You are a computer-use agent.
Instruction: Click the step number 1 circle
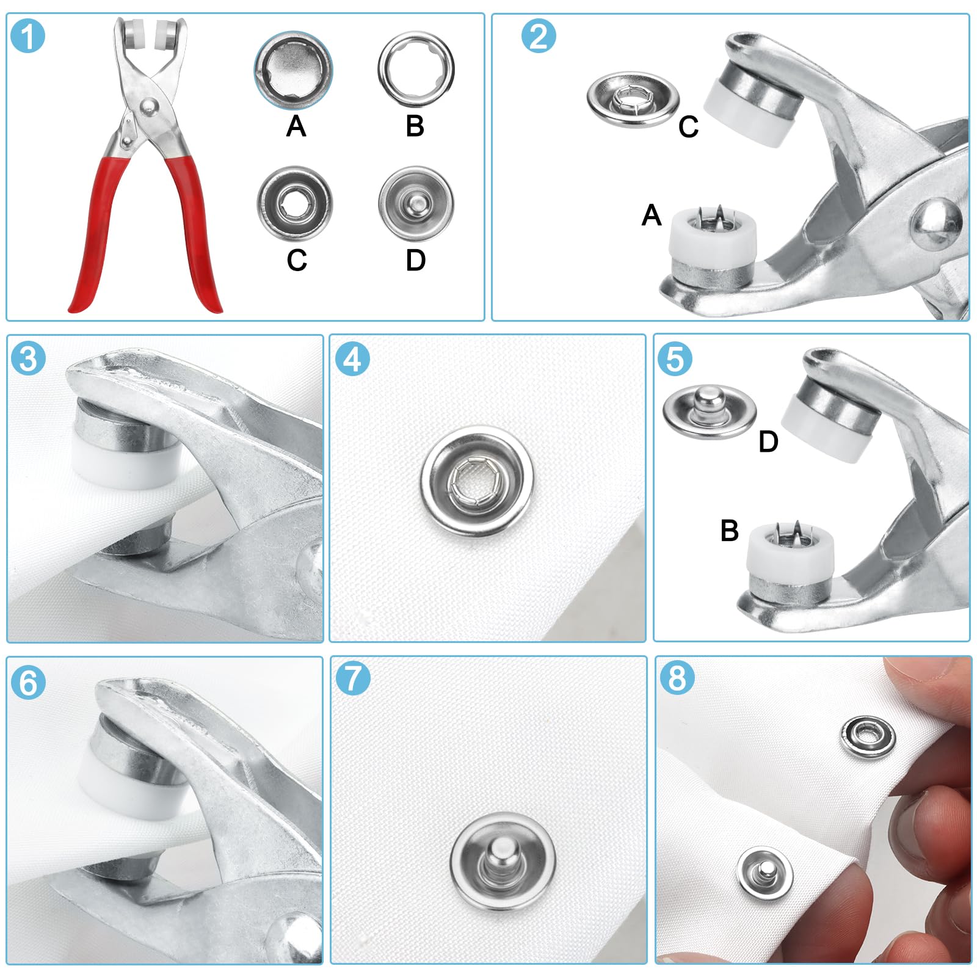coord(28,36)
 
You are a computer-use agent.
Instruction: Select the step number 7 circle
coord(353,678)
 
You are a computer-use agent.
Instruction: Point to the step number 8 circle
coord(677,678)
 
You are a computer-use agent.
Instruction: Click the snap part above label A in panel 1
coord(294,70)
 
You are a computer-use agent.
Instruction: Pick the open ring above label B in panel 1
coord(416,70)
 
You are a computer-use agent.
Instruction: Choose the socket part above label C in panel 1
coord(295,203)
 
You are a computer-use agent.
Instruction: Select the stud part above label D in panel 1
coord(416,203)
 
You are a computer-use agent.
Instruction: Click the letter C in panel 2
coord(688,127)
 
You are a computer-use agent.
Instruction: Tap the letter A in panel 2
coord(652,216)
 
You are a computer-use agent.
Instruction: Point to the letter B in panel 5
coord(729,531)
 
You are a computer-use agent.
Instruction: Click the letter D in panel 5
coord(768,441)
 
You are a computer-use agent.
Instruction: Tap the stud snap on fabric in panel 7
coord(503,862)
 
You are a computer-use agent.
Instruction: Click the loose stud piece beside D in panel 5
coord(709,412)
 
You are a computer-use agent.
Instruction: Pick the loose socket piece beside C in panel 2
coord(633,100)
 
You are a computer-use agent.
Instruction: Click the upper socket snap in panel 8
coord(868,737)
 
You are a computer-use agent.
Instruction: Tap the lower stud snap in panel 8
coord(765,874)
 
